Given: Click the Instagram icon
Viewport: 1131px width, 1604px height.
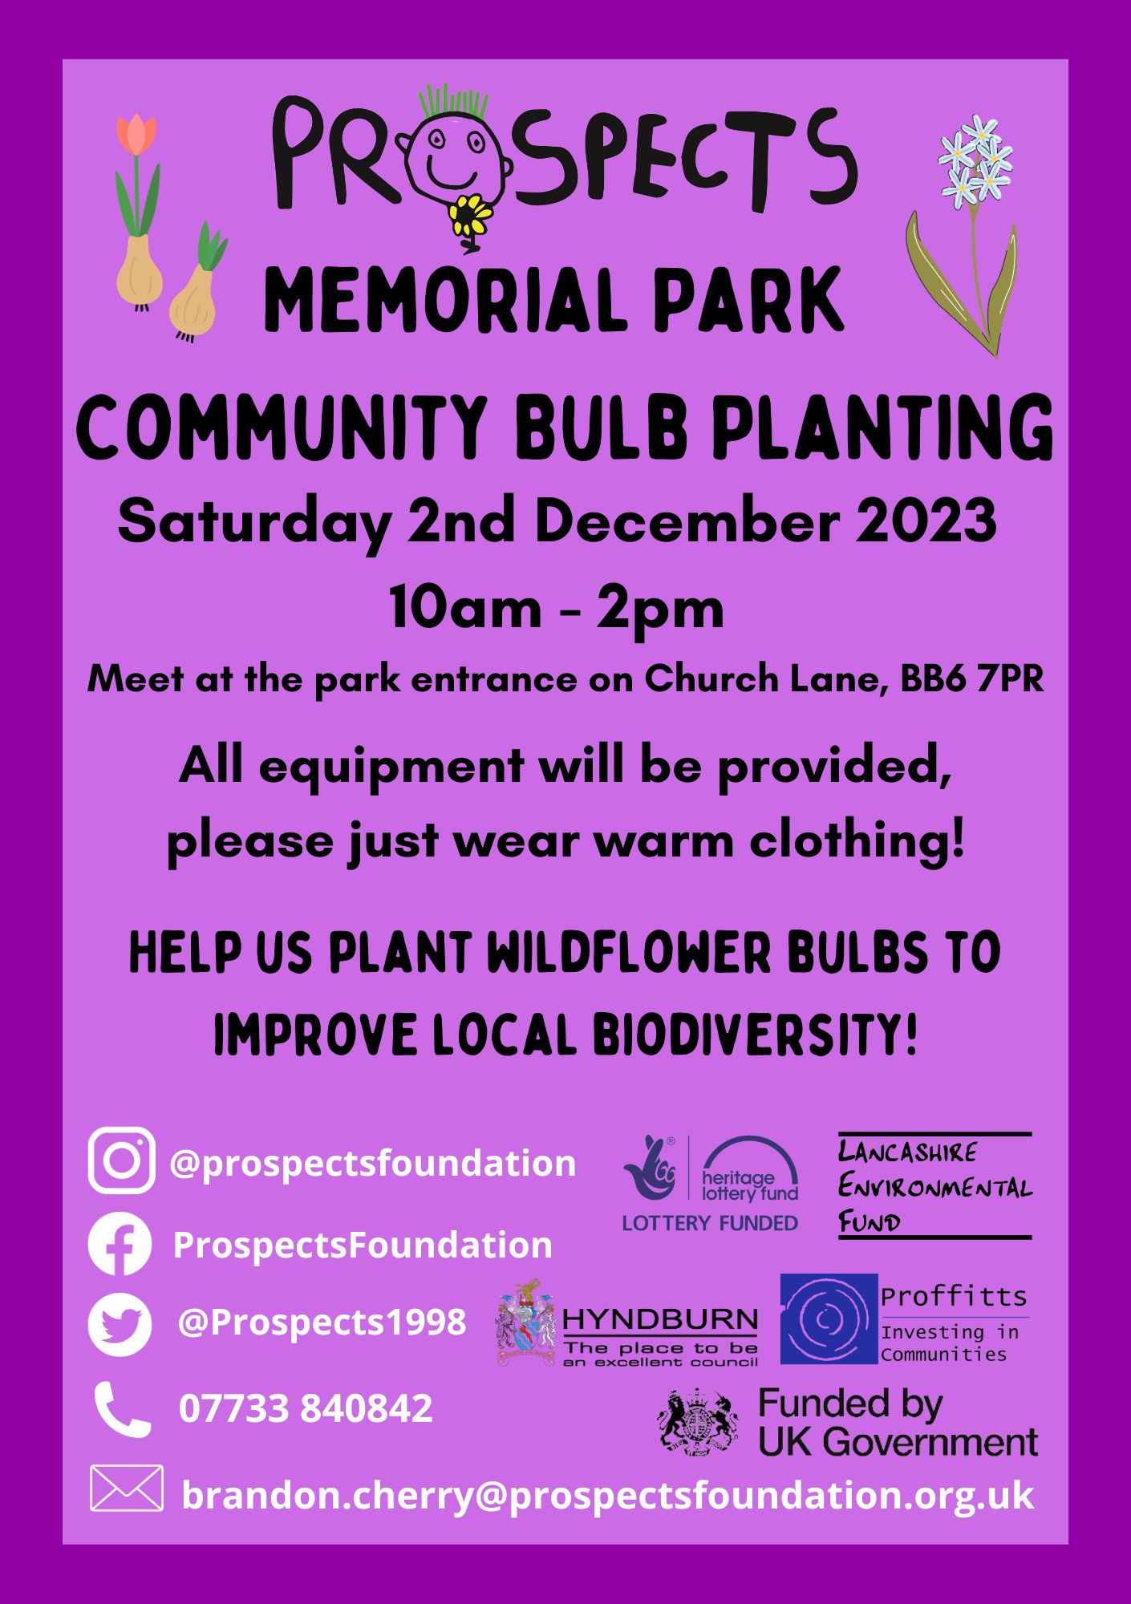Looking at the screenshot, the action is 121,1160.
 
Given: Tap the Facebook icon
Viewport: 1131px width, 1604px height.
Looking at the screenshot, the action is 120,1244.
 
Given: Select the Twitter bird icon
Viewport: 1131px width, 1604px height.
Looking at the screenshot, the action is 120,1324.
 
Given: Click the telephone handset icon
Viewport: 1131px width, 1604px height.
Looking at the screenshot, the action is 122,1409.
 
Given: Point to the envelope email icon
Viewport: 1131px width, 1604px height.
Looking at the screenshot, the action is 127,1489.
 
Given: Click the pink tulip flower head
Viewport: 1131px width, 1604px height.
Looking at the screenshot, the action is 136,134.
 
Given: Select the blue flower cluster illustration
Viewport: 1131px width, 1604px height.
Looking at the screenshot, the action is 976,158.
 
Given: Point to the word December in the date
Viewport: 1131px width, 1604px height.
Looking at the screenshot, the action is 687,521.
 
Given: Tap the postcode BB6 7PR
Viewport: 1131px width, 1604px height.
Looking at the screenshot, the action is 971,679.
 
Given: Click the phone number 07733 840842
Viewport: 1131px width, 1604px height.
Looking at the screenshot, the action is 306,1408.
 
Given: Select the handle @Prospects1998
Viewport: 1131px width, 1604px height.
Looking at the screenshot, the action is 321,1322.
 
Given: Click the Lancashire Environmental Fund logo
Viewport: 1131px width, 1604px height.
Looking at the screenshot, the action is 934,1186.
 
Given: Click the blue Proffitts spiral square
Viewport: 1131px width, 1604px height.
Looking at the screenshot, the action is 829,1319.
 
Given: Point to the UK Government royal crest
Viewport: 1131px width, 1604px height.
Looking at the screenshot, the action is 698,1422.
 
